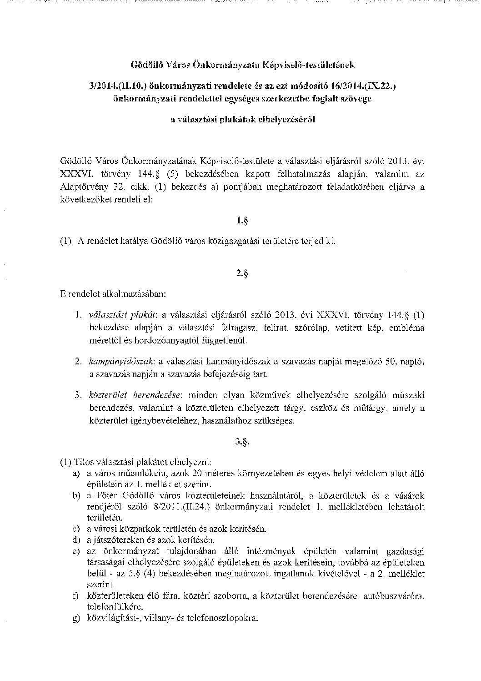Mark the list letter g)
coord(75,619)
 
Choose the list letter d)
coord(75,540)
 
